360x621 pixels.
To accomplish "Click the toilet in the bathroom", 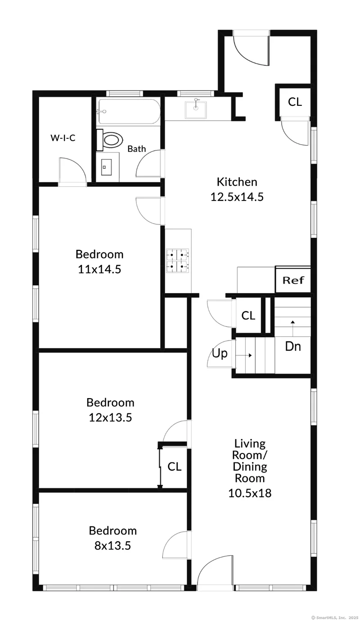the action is pyautogui.click(x=110, y=141).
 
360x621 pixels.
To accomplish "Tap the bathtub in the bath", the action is pyautogui.click(x=128, y=111).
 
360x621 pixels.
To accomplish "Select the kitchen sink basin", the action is pyautogui.click(x=196, y=109).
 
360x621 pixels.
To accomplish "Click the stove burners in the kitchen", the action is pyautogui.click(x=178, y=261).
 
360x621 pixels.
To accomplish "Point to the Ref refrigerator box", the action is pyautogui.click(x=293, y=280).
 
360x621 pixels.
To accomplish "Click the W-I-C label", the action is pyautogui.click(x=63, y=138).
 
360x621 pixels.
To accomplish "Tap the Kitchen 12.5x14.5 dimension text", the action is pyautogui.click(x=237, y=197).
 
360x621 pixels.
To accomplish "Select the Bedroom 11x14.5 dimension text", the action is pyautogui.click(x=99, y=269).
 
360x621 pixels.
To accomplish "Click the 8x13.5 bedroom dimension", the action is pyautogui.click(x=112, y=545).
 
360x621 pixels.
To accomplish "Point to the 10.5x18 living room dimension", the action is pyautogui.click(x=250, y=493).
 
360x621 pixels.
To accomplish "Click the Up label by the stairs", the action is pyautogui.click(x=220, y=354).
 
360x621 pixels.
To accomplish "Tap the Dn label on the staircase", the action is pyautogui.click(x=293, y=346).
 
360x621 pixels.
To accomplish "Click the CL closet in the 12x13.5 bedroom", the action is pyautogui.click(x=174, y=467).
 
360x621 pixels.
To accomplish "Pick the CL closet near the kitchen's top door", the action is pyautogui.click(x=295, y=102).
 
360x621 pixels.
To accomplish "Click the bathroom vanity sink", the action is pyautogui.click(x=106, y=167).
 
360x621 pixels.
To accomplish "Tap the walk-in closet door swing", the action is pyautogui.click(x=72, y=171).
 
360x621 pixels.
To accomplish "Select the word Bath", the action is pyautogui.click(x=137, y=149).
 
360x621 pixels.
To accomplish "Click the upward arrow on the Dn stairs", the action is pyautogui.click(x=292, y=329).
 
